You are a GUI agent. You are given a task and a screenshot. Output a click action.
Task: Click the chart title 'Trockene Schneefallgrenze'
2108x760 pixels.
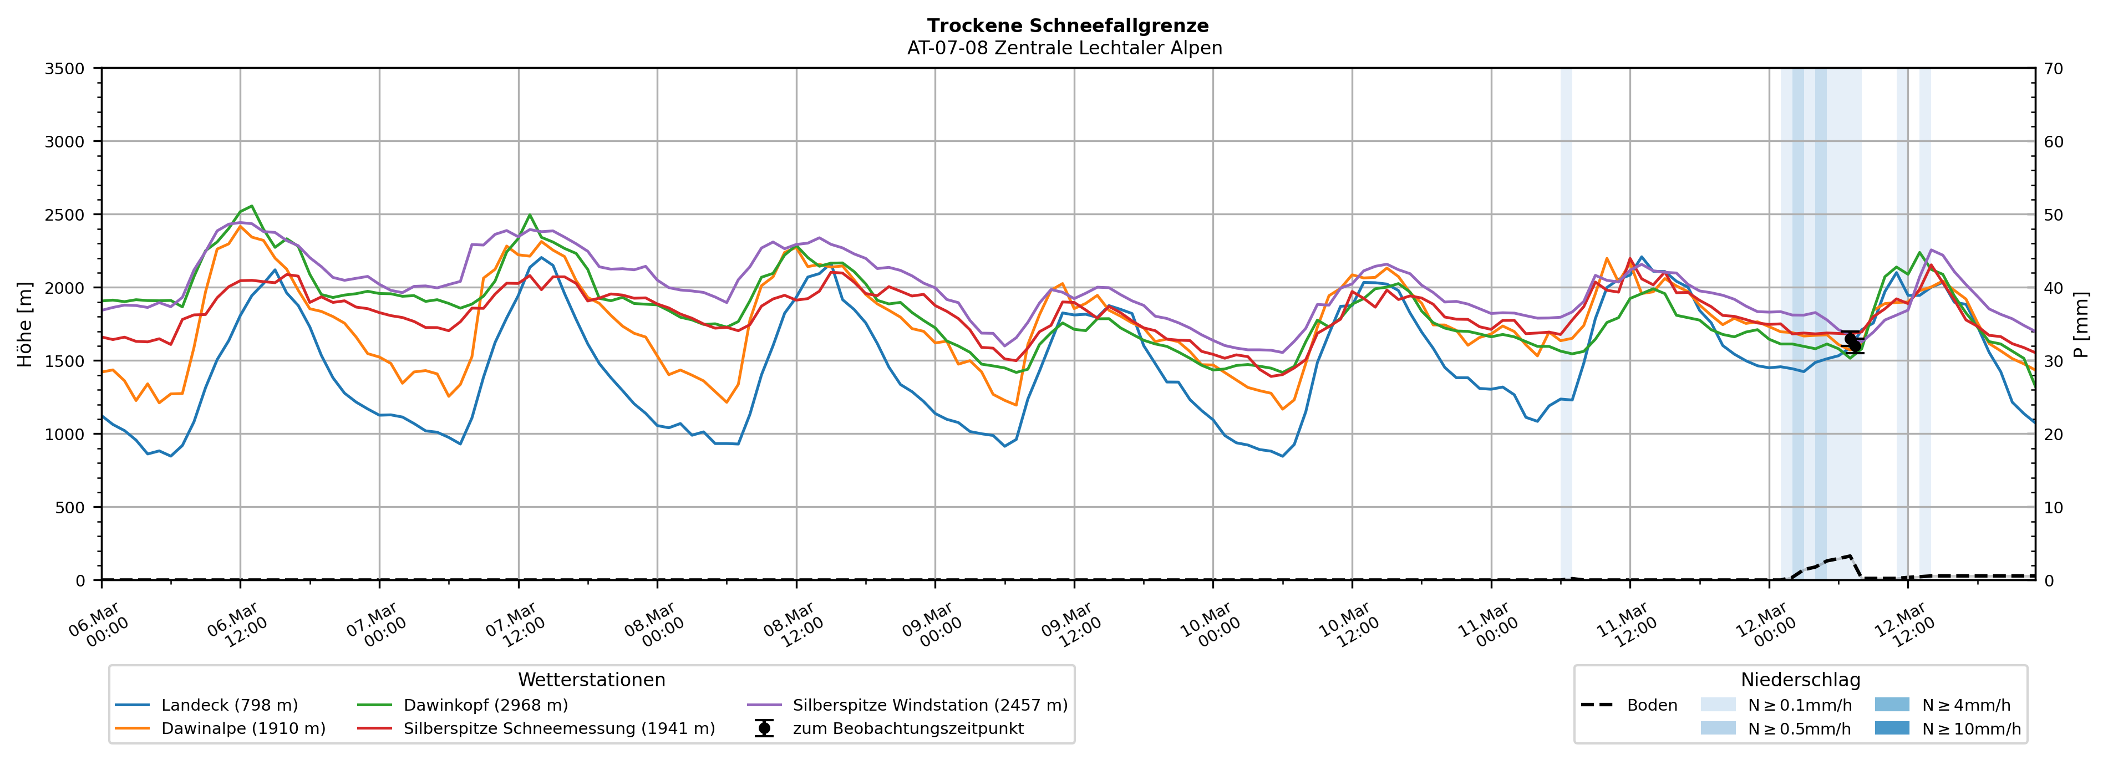[1067, 25]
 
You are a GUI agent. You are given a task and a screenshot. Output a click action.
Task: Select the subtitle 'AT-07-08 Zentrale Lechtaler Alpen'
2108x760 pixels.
[1064, 48]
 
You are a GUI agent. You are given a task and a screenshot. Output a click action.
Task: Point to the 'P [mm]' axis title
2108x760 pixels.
[2081, 325]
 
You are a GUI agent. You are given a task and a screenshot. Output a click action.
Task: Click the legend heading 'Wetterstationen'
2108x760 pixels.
[592, 680]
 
